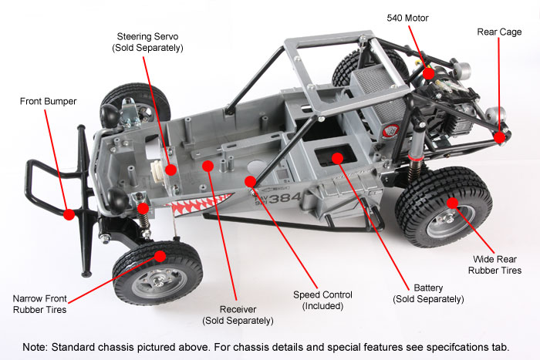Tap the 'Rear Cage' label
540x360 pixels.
point(499,32)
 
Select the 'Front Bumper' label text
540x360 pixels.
point(49,101)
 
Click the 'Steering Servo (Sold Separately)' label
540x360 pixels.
point(150,42)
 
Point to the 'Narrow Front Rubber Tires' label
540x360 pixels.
point(39,304)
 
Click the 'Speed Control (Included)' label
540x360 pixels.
point(322,301)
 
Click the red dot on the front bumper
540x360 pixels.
point(69,214)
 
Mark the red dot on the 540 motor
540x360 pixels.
point(428,74)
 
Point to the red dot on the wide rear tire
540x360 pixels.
point(453,204)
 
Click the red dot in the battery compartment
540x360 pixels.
point(338,158)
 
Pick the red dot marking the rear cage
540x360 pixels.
point(500,137)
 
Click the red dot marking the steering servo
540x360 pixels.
point(171,169)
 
